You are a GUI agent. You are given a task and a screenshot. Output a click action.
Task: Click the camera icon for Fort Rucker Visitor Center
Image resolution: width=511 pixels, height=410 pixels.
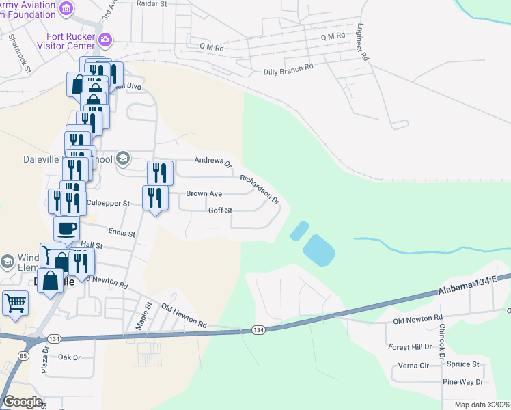coord(105,40)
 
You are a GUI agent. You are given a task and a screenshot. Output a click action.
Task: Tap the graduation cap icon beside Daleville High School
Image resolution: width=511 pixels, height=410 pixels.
coord(123,159)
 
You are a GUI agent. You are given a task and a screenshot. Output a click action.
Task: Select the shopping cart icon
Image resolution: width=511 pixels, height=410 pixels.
coord(15,301)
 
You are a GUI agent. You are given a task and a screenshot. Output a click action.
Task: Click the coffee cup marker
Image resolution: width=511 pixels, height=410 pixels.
coord(66,228)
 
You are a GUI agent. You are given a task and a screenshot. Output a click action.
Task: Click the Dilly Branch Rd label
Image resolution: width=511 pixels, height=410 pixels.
coord(288,68)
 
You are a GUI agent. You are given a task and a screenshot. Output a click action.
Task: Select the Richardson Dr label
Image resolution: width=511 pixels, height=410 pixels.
coord(260,189)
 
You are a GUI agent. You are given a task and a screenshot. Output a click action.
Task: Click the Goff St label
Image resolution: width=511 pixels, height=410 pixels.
coord(220,210)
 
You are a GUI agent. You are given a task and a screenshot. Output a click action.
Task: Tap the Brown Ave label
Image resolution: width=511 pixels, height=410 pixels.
coord(204,194)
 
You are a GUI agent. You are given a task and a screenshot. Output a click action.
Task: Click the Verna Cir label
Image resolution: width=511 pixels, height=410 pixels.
coord(415,366)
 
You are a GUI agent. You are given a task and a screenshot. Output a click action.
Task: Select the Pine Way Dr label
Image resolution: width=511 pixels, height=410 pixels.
coord(462,382)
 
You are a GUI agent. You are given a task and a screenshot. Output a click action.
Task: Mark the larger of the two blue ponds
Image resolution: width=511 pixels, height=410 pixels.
coord(318,250)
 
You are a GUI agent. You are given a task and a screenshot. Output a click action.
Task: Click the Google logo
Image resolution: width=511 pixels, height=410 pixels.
coord(23,402)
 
